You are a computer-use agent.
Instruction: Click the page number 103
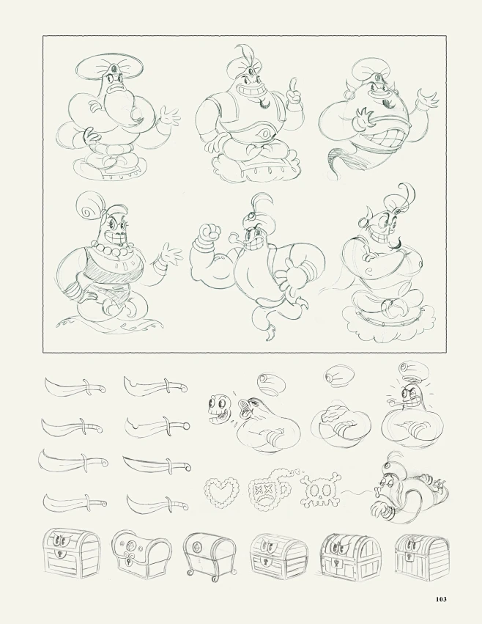tap(441, 599)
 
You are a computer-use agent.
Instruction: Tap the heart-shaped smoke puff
tap(220, 492)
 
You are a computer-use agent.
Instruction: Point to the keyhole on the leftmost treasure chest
tap(63, 554)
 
